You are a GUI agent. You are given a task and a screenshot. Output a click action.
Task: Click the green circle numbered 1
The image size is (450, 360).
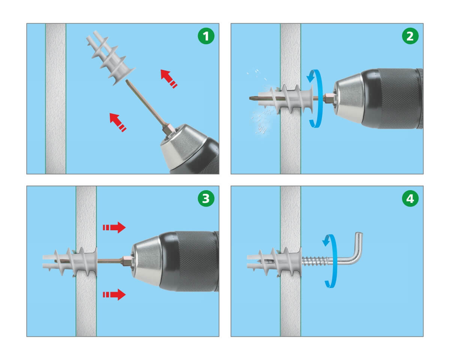(x=206, y=36)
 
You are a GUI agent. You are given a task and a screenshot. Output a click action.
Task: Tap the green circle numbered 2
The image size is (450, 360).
(x=410, y=36)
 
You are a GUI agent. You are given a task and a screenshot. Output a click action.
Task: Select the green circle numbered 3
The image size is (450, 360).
(x=206, y=198)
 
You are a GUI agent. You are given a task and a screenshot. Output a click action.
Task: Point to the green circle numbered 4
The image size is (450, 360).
(x=410, y=198)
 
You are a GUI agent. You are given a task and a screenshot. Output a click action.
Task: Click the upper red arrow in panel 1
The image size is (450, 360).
(x=168, y=78)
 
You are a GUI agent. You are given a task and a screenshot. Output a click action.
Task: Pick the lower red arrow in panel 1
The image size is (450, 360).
(x=117, y=122)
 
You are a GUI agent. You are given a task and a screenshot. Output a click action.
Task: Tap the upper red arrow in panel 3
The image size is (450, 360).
(x=114, y=227)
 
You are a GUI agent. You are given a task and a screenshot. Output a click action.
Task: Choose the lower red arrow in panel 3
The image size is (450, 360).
(x=114, y=294)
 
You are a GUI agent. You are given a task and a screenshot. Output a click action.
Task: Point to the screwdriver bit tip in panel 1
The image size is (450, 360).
(x=126, y=81)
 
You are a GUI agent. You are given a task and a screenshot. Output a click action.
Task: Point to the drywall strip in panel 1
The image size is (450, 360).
(x=55, y=99)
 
